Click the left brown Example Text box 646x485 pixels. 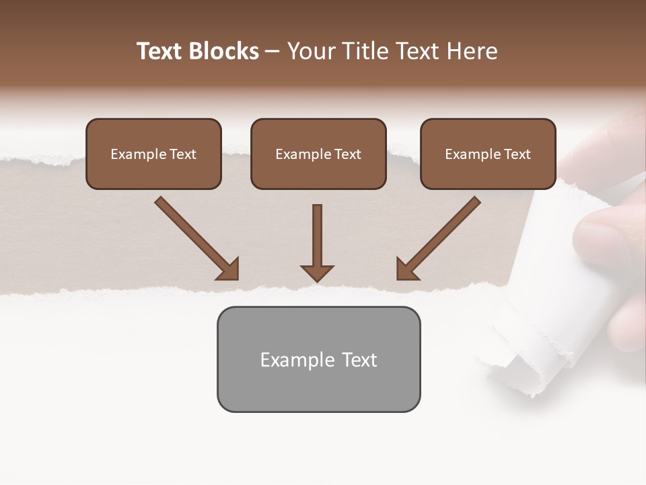coord(153,154)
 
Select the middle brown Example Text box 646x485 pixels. coord(318,154)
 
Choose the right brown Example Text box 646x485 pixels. coord(488,154)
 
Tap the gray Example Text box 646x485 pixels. coord(318,359)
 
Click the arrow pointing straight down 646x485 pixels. coord(318,239)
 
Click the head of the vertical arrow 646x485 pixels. coord(318,273)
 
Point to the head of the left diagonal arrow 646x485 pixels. coord(229,269)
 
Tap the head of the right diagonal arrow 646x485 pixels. coord(406,269)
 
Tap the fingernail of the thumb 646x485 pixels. coord(592,239)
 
